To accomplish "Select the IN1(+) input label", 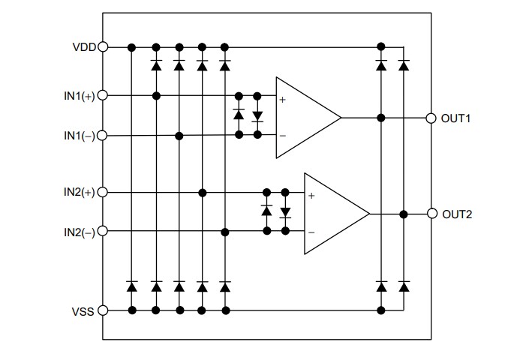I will point(79,96).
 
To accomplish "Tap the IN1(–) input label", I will point(79,136).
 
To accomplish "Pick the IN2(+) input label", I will point(79,193).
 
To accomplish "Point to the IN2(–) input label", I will point(79,232).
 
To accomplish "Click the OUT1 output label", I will point(456,118).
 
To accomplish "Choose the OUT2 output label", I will point(456,214).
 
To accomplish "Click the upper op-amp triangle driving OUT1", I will point(304,118).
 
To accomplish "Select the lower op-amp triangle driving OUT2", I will point(332,214).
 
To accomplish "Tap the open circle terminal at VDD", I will point(103,46).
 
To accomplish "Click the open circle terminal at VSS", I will point(103,310).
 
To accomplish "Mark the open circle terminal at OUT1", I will point(431,118).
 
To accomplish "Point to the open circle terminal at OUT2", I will point(431,214).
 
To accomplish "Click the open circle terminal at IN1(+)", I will point(103,95).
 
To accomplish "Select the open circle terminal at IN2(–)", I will point(103,232).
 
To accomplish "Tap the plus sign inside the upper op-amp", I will point(283,100).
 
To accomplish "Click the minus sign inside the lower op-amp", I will point(311,232).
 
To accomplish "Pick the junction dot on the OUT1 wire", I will point(381,118).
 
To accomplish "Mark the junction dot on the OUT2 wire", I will point(404,214).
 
